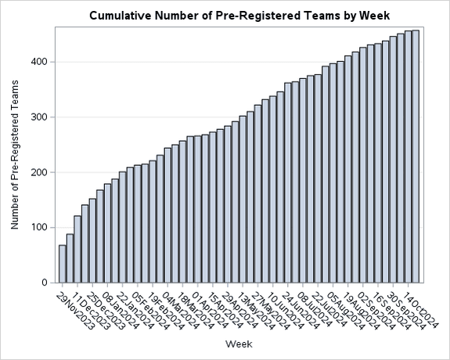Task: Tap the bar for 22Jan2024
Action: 122,227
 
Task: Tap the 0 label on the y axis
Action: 47,283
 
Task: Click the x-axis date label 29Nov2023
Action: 74,311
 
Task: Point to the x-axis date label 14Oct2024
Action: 427,311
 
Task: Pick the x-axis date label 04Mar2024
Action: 179,311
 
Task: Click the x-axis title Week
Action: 238,344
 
